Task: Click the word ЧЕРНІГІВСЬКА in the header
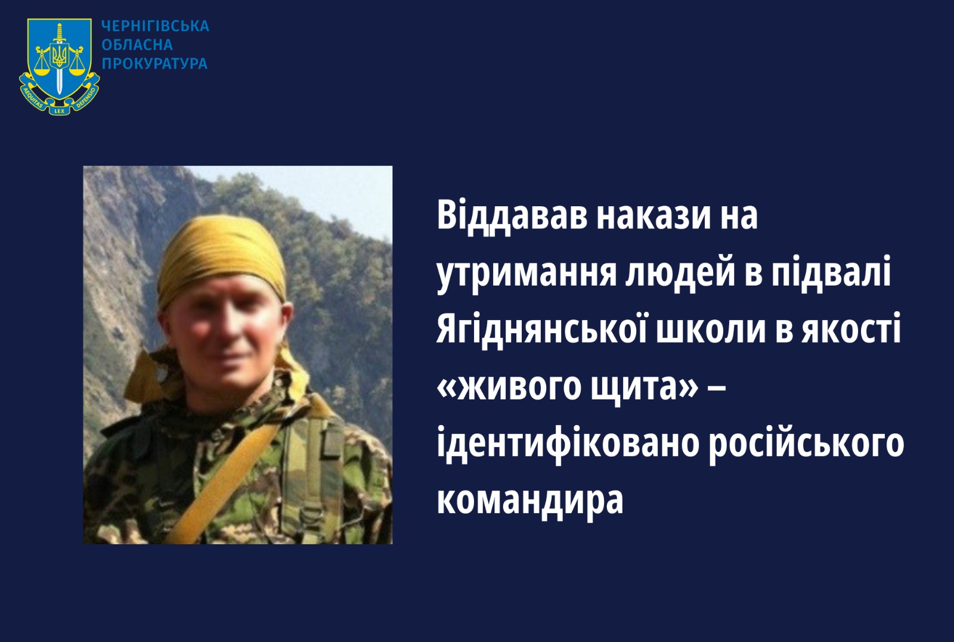155,26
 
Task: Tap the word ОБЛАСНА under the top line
137,45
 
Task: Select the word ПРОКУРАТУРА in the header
154,63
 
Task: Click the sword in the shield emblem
59,59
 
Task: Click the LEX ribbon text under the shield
59,111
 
